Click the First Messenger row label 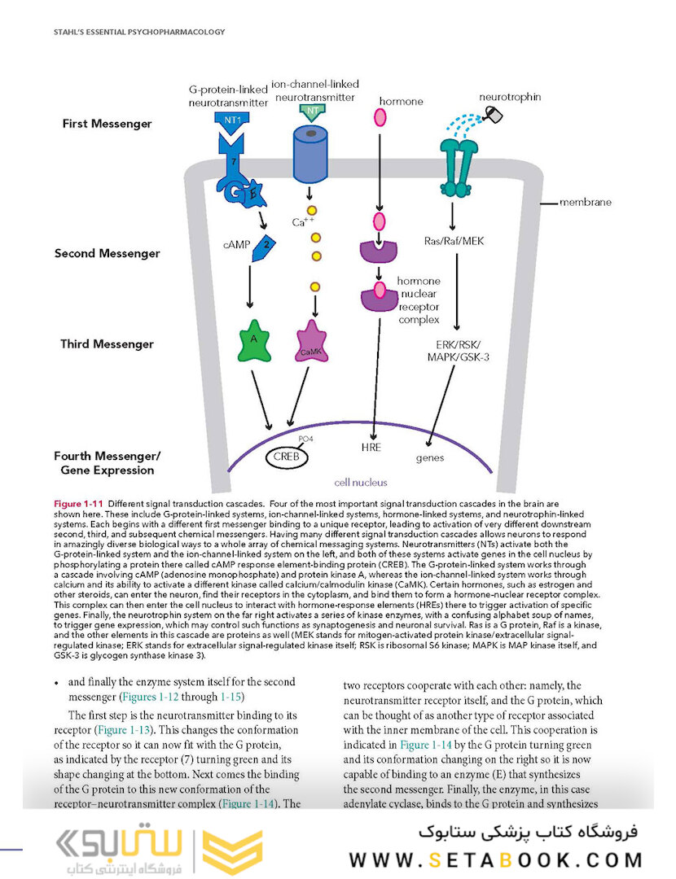point(107,124)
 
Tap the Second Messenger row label point(107,253)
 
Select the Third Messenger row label point(107,344)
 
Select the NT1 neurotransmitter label point(232,118)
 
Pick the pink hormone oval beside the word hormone point(380,116)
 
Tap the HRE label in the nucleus point(371,447)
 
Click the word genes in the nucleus point(430,457)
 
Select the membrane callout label point(585,202)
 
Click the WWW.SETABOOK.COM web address point(496,860)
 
